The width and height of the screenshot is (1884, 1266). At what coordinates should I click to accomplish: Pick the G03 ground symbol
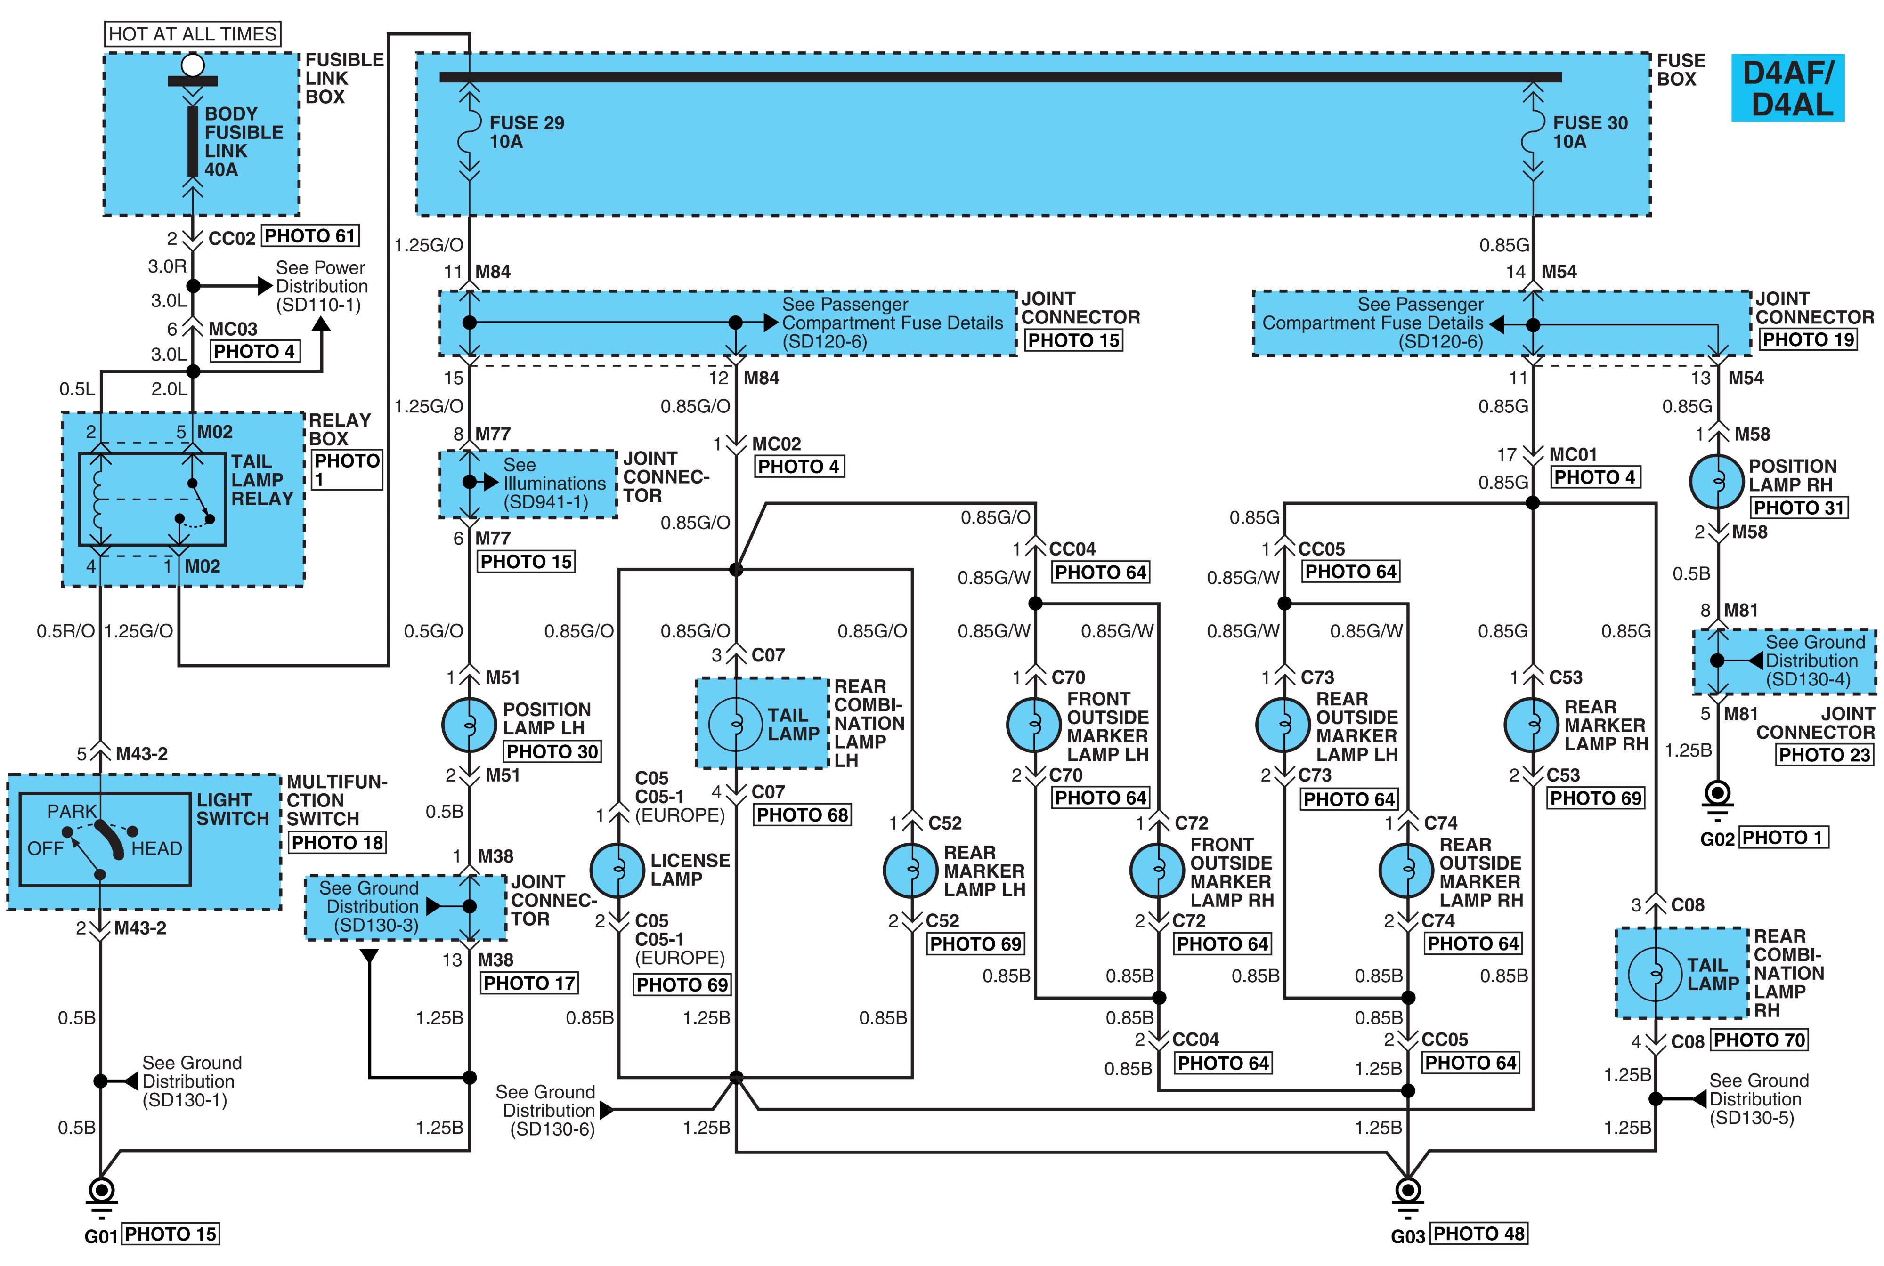coord(1407,1197)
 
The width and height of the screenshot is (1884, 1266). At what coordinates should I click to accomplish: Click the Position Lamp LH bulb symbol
coord(468,725)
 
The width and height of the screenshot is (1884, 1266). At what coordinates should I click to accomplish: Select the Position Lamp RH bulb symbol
coord(1717,481)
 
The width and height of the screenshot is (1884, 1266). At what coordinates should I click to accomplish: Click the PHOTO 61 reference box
coord(310,236)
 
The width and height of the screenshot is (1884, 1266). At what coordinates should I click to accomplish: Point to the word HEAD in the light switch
coord(157,848)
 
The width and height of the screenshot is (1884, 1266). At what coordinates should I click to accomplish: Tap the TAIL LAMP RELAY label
coord(262,480)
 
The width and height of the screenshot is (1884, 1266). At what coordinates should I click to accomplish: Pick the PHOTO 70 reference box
coord(1759,1040)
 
